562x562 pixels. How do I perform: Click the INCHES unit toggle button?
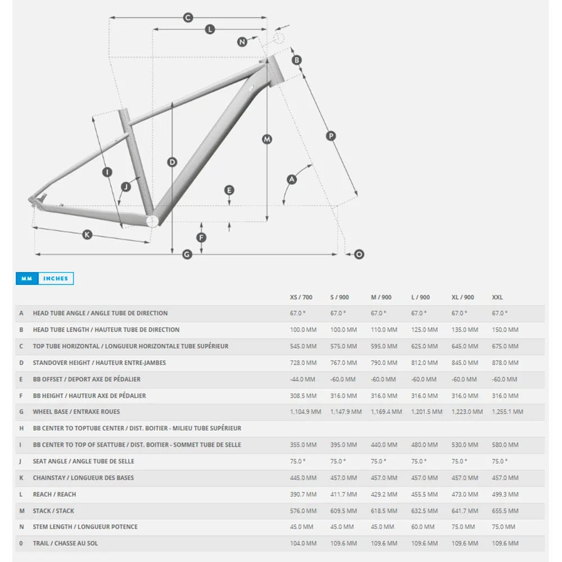pos(56,278)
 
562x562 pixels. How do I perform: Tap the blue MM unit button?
pos(26,278)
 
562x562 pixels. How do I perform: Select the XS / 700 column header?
pos(301,297)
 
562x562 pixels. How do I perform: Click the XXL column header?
pos(497,297)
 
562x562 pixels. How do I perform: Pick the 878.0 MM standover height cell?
pos(505,362)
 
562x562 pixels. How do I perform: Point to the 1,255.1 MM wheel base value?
pos(507,412)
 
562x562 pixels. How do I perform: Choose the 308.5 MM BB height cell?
pos(303,396)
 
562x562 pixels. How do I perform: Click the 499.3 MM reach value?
pos(505,494)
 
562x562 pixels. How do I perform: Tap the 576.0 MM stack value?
pos(303,511)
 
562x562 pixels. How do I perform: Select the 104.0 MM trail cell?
pos(303,543)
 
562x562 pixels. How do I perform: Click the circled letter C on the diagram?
pos(188,17)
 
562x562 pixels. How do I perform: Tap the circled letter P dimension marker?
pos(331,135)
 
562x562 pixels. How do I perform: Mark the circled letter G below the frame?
pos(187,255)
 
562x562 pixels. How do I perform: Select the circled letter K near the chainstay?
pos(87,234)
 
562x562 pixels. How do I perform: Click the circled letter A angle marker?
pos(291,179)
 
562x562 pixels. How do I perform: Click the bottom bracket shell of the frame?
pos(152,220)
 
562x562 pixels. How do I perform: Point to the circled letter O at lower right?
pos(359,255)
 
